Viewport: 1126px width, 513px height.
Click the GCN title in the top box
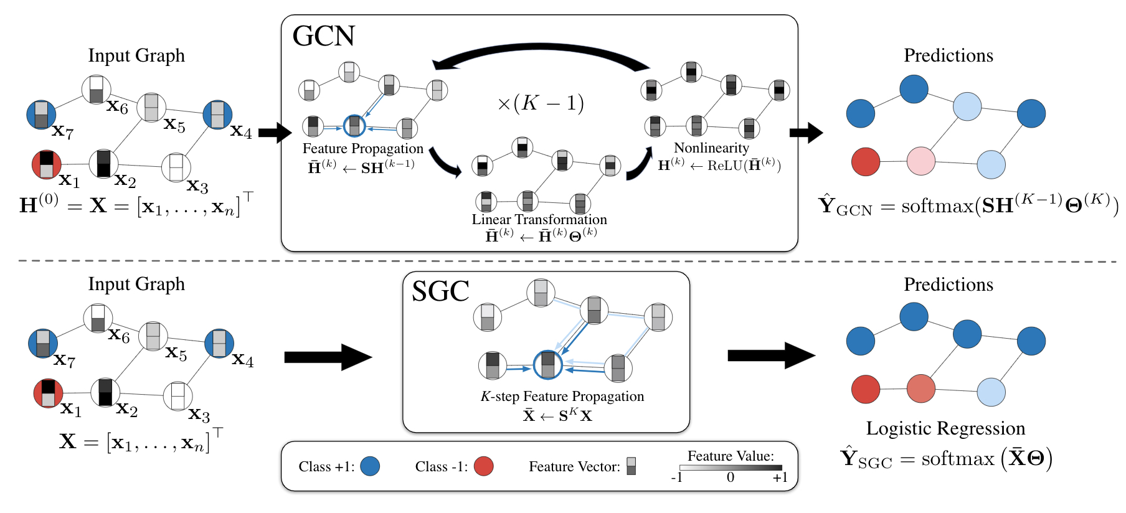[323, 36]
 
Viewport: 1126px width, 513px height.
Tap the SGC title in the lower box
[440, 291]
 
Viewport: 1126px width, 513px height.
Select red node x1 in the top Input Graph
[46, 164]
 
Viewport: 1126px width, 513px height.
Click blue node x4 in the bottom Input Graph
[219, 343]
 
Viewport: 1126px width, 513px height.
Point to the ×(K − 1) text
[540, 103]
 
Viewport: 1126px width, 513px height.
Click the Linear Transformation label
[539, 219]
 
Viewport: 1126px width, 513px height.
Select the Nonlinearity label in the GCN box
[711, 148]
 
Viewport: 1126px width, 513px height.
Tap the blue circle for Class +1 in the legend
[370, 466]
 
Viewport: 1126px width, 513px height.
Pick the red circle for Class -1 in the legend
[483, 466]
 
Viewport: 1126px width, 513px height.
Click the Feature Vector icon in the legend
[631, 466]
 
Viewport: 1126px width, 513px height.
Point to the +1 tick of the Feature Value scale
[780, 478]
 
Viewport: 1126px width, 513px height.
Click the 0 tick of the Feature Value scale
[731, 478]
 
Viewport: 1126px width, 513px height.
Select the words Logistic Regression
[945, 428]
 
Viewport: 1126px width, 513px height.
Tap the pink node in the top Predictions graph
[920, 161]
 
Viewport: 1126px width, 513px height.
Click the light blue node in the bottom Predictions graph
[991, 392]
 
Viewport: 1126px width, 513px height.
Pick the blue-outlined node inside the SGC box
[547, 365]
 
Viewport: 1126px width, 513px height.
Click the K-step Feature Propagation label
[562, 397]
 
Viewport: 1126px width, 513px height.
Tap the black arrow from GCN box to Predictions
[806, 133]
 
